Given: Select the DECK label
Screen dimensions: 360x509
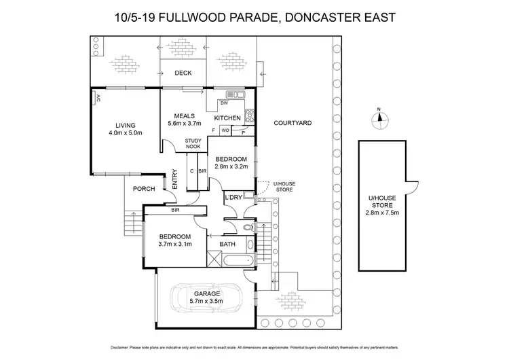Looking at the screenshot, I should (183, 73).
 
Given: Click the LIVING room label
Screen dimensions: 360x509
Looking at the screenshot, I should (126, 126).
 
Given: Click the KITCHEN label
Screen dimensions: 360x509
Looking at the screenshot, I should (227, 118).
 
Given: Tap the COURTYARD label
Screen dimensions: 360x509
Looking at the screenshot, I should (293, 123).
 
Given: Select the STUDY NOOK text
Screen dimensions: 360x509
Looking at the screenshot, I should (193, 143).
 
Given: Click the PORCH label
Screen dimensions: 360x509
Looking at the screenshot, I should (143, 189).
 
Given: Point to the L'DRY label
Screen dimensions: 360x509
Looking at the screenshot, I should (233, 198).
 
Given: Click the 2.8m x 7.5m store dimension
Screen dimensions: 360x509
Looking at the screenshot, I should (381, 211).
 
